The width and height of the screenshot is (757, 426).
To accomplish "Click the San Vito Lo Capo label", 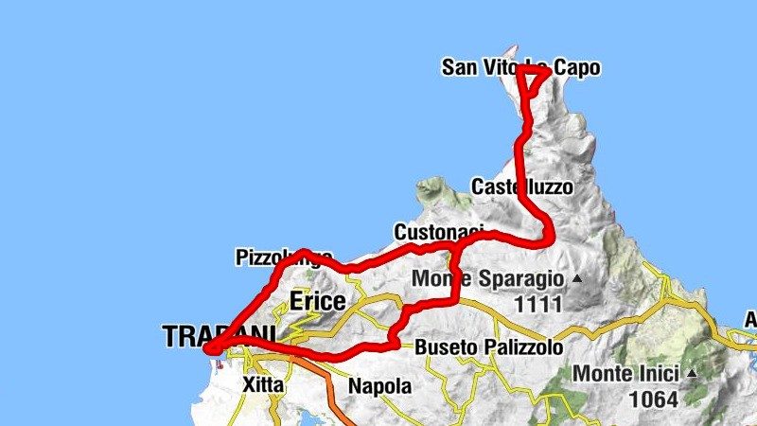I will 520,68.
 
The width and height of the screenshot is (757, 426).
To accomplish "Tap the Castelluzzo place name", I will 521,186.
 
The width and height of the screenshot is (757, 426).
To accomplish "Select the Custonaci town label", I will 438,232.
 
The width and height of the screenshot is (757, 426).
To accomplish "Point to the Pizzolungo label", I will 283,257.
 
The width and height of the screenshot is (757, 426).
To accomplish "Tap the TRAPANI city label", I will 219,336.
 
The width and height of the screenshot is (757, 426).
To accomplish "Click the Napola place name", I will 379,385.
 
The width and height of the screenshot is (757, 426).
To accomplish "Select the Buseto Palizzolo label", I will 488,347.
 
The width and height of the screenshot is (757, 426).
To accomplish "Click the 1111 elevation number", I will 534,305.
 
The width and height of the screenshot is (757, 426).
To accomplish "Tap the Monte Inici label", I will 626,373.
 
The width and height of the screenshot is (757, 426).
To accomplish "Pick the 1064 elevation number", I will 653,399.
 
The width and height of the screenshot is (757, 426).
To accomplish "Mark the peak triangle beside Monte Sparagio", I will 575,279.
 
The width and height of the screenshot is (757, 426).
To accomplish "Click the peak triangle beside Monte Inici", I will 692,373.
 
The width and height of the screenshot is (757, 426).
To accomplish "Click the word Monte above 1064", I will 599,373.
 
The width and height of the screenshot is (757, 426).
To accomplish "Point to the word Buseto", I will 442,347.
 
